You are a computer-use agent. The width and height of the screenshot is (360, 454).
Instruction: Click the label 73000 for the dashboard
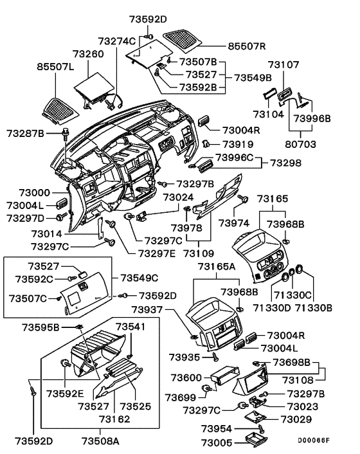[23, 192]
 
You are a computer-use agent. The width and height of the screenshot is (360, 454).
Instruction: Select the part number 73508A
[101, 441]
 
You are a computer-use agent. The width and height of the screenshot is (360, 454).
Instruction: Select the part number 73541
[130, 327]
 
